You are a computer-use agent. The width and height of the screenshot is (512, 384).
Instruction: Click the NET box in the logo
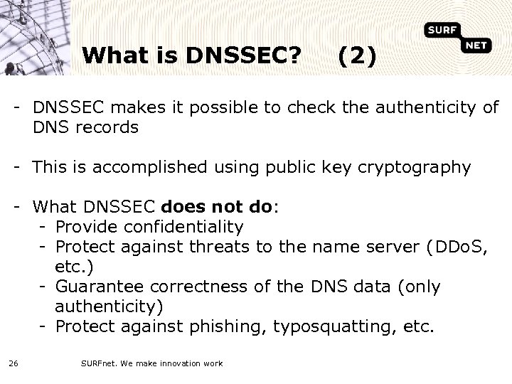pos(475,46)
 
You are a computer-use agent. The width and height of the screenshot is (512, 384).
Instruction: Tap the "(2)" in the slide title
pos(358,55)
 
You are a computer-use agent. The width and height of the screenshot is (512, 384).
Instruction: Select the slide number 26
pos(14,363)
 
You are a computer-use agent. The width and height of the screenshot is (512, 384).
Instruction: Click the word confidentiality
pos(183,228)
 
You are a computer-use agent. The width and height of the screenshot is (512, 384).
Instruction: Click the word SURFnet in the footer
pos(97,363)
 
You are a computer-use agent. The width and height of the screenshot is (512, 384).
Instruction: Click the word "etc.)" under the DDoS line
pos(73,267)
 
